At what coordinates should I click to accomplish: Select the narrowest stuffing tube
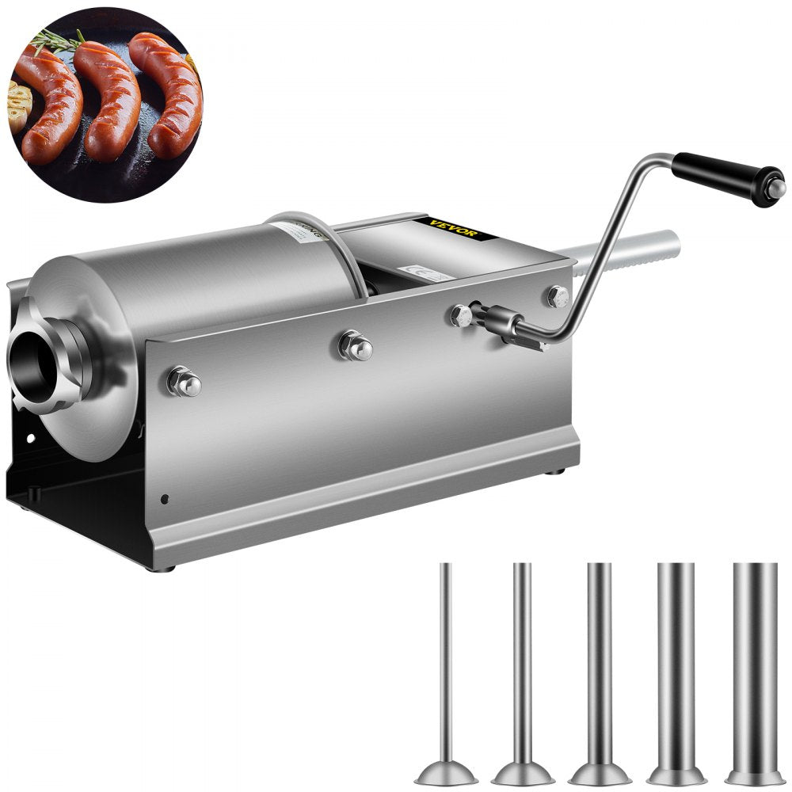coord(445,657)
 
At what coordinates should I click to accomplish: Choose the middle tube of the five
coord(599,657)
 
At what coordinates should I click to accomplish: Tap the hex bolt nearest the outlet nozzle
coord(184,383)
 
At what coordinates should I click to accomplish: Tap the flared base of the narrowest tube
coord(445,771)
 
